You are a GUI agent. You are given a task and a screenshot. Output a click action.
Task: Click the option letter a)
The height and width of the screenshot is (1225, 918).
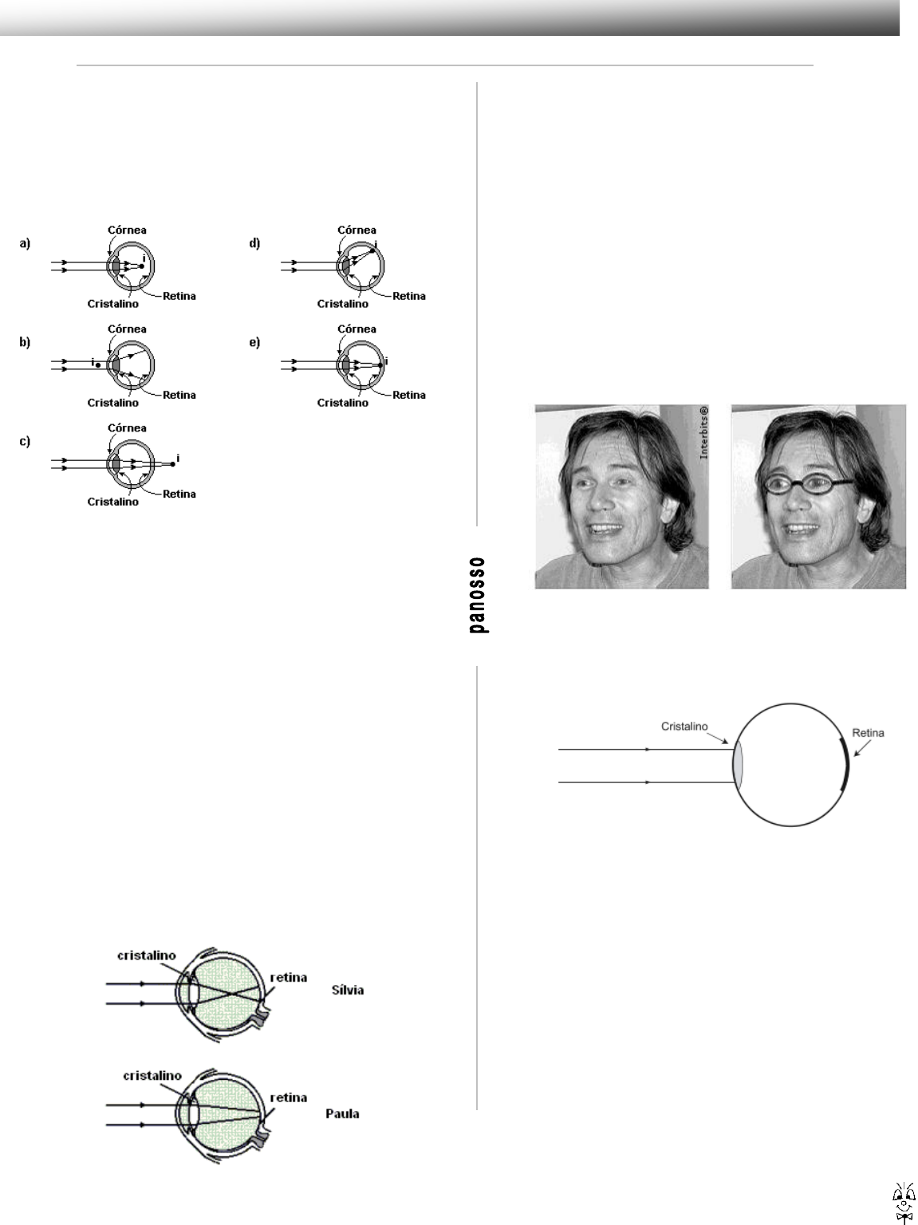(25, 244)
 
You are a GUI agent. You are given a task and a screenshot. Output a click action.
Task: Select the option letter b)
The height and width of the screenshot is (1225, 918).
(25, 342)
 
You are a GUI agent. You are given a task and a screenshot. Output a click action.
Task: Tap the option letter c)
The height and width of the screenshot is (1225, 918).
(25, 441)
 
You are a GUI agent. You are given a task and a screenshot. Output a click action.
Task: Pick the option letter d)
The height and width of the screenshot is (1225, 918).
(254, 244)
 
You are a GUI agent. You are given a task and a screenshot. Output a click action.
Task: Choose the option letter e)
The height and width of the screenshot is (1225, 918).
(254, 342)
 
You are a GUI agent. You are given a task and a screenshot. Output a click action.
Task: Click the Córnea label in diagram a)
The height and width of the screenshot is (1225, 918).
(127, 230)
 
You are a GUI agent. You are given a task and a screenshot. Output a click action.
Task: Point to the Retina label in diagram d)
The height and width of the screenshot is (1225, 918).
(409, 296)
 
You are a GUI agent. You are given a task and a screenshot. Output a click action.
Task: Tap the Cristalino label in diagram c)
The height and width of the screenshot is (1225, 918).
(112, 502)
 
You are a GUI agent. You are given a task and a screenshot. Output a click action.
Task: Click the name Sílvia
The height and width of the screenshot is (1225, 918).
(347, 990)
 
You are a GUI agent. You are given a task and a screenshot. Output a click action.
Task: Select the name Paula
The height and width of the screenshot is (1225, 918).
(342, 1113)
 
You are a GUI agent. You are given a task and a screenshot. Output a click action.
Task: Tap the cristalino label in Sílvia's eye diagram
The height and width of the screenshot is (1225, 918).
(147, 955)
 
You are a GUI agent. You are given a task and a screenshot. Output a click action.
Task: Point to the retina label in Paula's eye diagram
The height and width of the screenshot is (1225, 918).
(288, 1097)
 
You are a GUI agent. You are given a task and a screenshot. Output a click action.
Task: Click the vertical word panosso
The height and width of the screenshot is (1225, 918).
(479, 595)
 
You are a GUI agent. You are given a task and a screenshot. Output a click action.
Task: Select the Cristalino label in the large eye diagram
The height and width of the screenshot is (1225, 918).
(685, 727)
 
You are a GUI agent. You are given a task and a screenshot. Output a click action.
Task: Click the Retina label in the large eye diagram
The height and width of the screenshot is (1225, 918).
(868, 732)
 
